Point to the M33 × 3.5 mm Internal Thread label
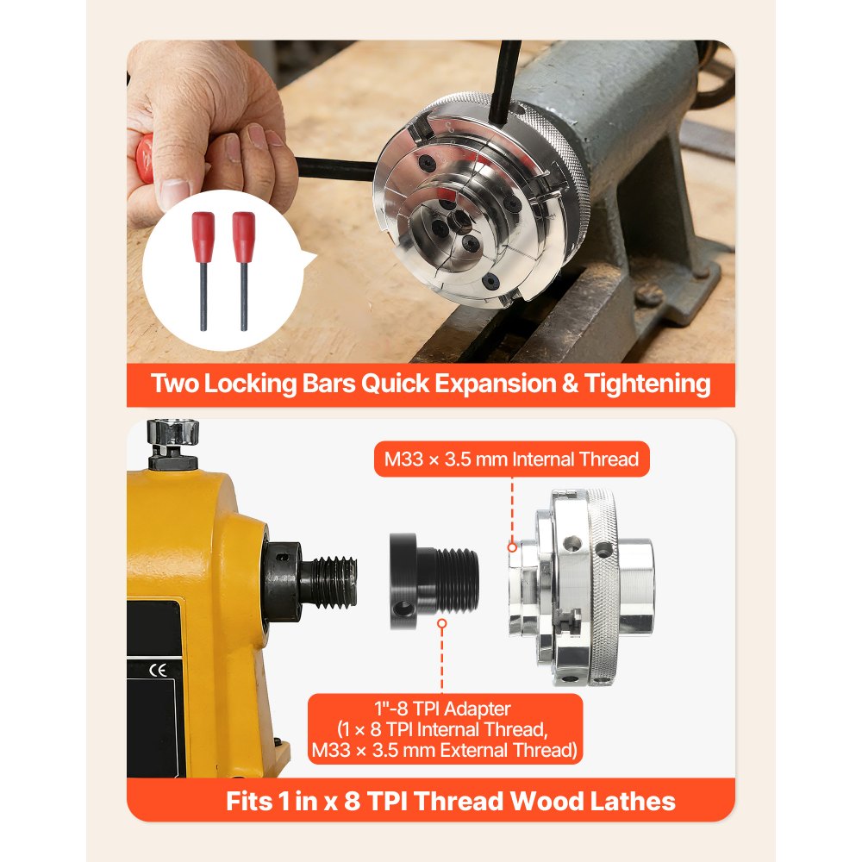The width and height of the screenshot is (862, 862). point(511,459)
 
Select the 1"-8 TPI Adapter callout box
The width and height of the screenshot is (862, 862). point(443,729)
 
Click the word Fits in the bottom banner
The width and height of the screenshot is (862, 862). point(250,802)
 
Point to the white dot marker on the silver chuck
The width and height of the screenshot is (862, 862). point(512,547)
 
